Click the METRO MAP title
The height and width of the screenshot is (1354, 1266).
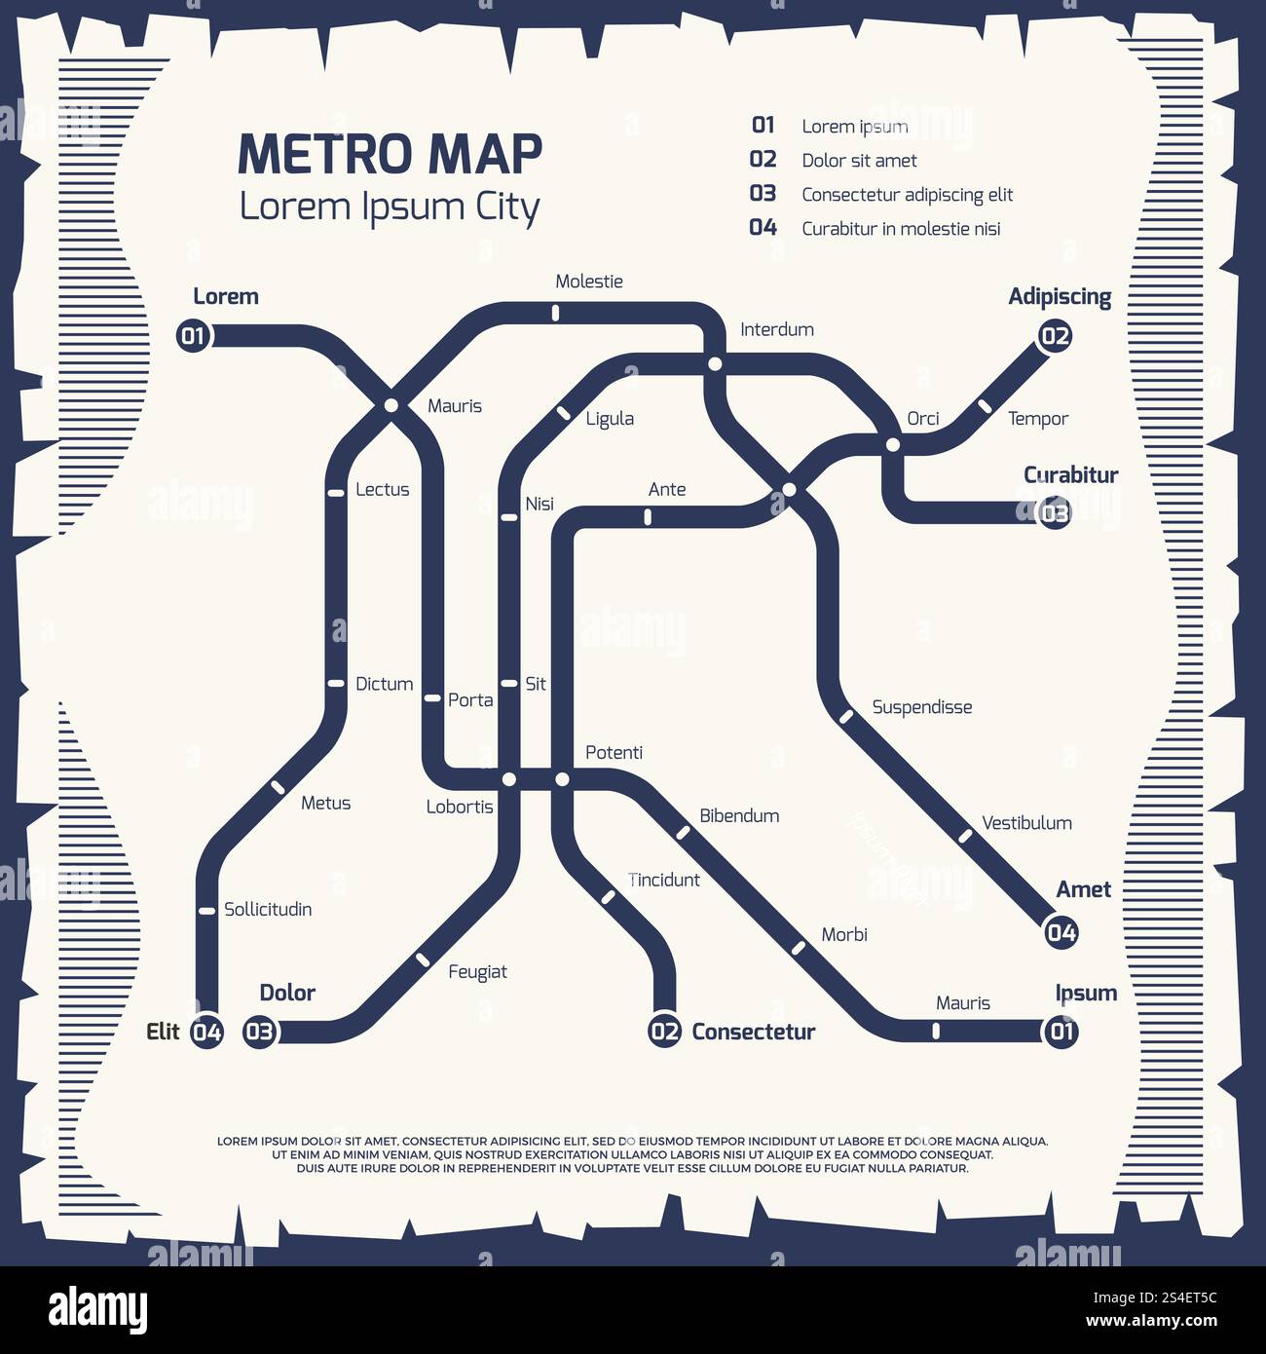pos(390,154)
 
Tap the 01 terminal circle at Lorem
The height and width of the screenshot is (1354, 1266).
pos(193,337)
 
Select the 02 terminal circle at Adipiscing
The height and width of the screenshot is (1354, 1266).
pos(1055,337)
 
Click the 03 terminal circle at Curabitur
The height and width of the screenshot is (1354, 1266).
pos(1055,512)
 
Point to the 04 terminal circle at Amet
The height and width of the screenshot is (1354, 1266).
pos(1061,933)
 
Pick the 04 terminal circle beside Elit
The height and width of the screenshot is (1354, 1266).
pos(206,1032)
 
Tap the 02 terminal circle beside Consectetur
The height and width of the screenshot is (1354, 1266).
pos(664,1032)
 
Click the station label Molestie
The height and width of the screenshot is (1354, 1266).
pos(588,282)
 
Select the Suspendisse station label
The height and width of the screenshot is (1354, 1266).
pos(921,707)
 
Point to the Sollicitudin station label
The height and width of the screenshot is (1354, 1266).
pos(268,909)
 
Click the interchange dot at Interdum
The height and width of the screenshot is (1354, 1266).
pos(715,364)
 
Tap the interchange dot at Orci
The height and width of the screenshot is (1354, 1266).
pos(893,445)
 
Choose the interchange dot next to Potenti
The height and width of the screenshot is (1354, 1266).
pos(562,779)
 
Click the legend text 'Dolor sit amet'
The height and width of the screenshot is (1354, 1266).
pos(859,161)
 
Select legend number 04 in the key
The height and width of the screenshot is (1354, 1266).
pos(763,228)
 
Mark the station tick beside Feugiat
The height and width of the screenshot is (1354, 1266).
pos(423,959)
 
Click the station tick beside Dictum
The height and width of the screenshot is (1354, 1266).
pos(336,684)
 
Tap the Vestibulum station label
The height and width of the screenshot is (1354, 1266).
pos(1026,823)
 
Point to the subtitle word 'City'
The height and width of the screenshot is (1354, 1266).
pos(506,207)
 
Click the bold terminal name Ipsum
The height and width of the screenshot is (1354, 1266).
pos(1086,993)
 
